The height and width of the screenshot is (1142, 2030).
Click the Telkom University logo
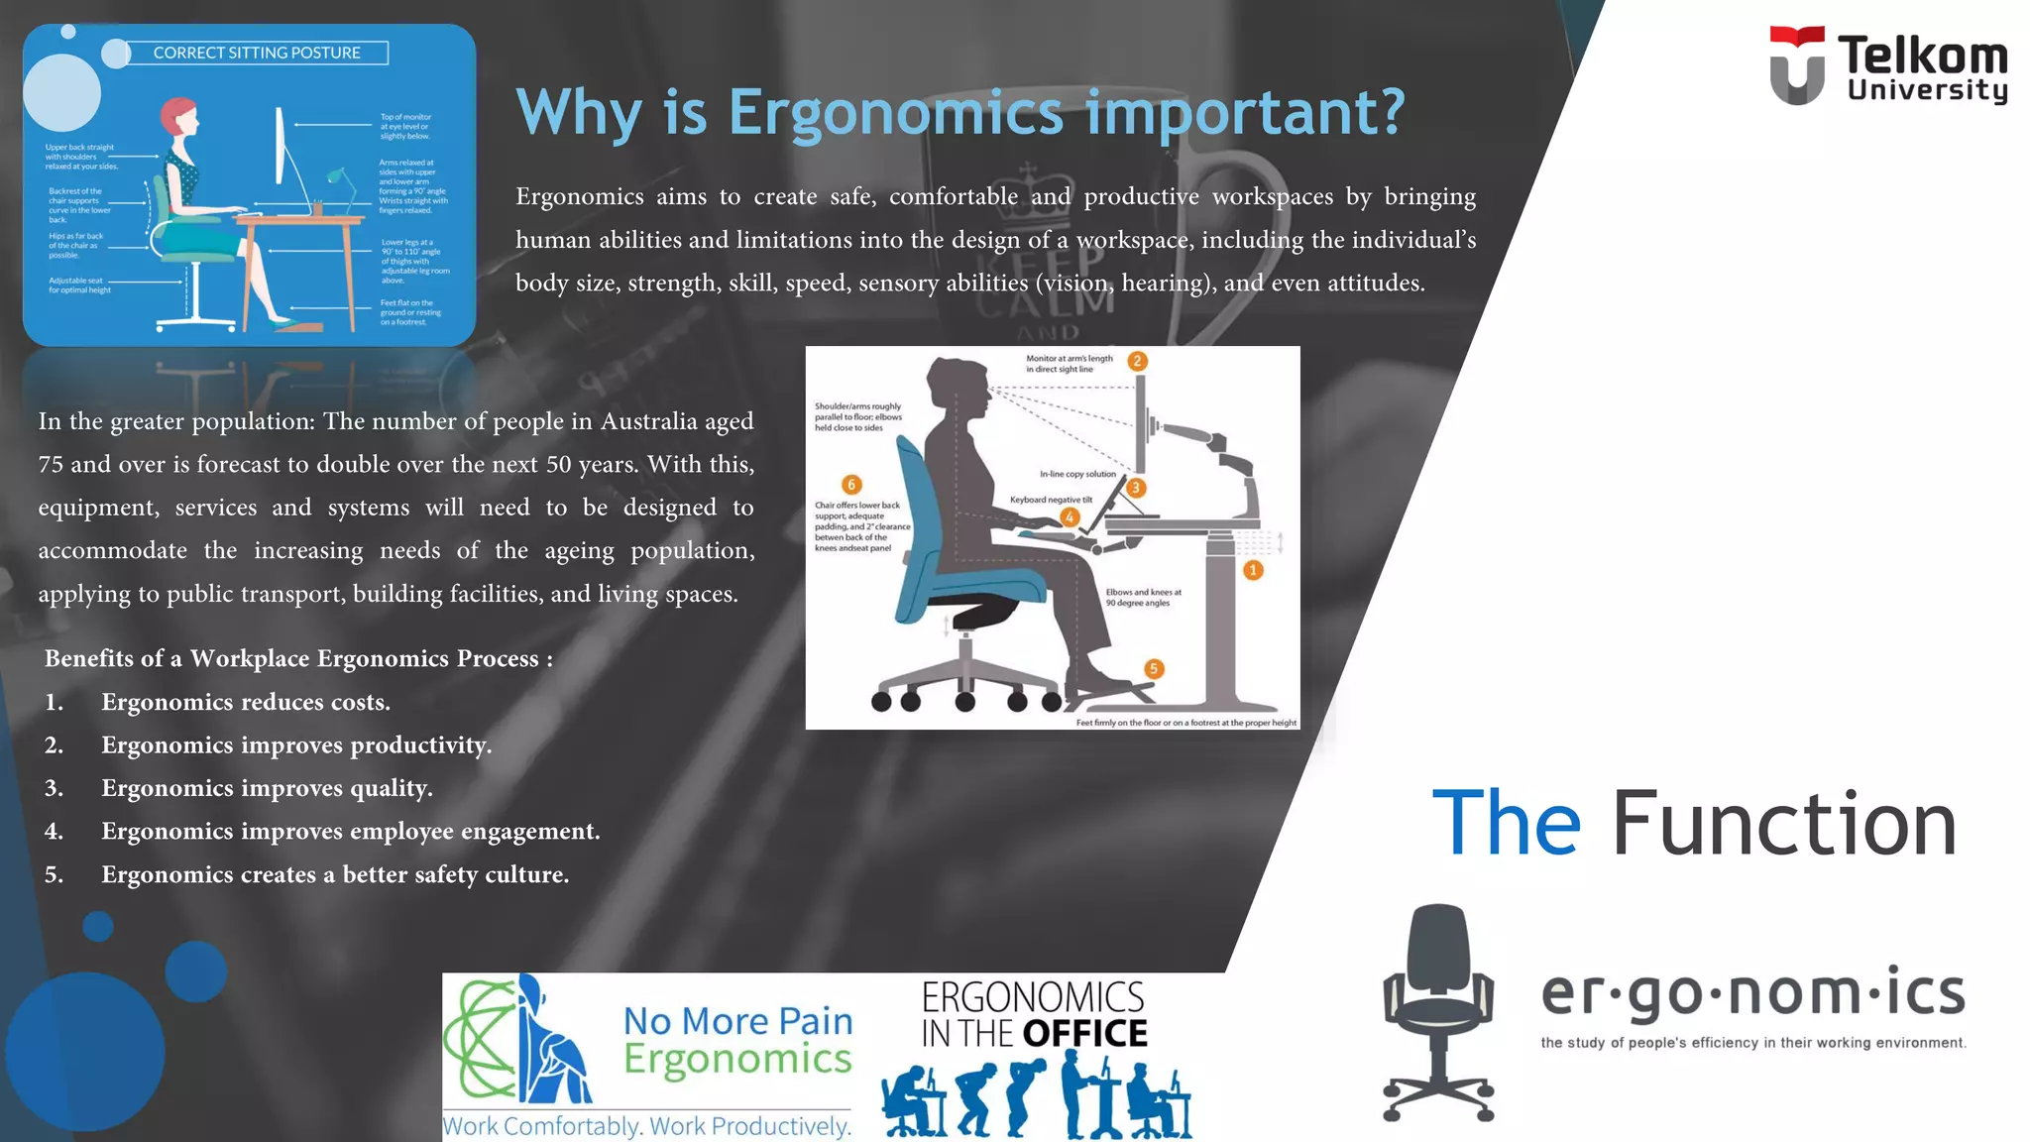click(1887, 65)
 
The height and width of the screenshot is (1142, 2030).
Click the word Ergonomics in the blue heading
click(895, 111)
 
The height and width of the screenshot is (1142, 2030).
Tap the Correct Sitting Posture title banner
click(257, 53)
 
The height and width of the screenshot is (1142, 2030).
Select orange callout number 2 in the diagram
click(1137, 361)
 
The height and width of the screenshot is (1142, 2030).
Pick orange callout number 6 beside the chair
click(850, 484)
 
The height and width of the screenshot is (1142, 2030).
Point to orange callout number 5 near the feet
click(1153, 668)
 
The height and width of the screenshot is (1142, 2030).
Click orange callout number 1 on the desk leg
click(1253, 570)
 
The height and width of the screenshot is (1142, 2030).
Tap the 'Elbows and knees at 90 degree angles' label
click(1143, 597)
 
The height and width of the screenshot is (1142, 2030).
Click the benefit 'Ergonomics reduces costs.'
click(245, 702)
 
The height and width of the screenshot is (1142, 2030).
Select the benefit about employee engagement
click(350, 831)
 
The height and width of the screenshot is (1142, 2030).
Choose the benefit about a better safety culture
click(334, 874)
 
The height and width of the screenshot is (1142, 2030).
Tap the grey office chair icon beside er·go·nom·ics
click(1438, 1011)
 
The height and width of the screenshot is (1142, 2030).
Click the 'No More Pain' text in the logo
click(737, 1020)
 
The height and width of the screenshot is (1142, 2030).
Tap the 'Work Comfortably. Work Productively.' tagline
click(646, 1126)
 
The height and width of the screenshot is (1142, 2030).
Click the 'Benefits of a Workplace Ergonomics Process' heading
click(298, 658)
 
